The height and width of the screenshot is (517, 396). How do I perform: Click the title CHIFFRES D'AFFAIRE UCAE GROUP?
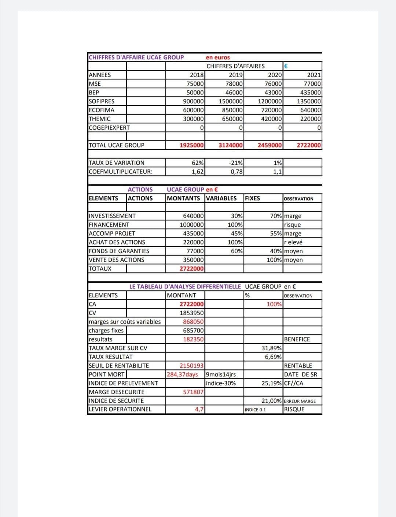(x=136, y=57)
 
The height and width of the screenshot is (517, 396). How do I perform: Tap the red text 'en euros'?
(x=218, y=57)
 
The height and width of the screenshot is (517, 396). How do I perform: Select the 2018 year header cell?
(x=197, y=75)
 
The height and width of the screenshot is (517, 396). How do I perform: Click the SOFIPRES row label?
(x=102, y=101)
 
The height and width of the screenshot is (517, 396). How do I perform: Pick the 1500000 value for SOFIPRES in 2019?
(x=231, y=101)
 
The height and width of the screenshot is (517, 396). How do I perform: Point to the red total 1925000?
(x=191, y=145)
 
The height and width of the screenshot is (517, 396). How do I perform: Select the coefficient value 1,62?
(x=198, y=171)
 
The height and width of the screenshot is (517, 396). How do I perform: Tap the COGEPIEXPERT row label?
(x=109, y=128)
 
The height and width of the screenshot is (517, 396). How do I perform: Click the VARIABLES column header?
(x=221, y=198)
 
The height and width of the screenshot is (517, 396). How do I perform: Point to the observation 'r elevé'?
(x=293, y=242)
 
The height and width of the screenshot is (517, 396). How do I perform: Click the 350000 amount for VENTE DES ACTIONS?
(x=193, y=260)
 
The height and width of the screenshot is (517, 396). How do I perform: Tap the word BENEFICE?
(x=297, y=339)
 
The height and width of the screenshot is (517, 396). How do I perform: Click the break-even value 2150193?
(x=191, y=366)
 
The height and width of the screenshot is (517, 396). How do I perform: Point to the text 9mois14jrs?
(x=221, y=375)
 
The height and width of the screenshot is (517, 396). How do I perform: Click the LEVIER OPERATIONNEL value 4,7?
(x=199, y=409)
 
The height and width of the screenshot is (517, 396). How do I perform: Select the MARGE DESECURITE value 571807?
(x=193, y=392)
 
